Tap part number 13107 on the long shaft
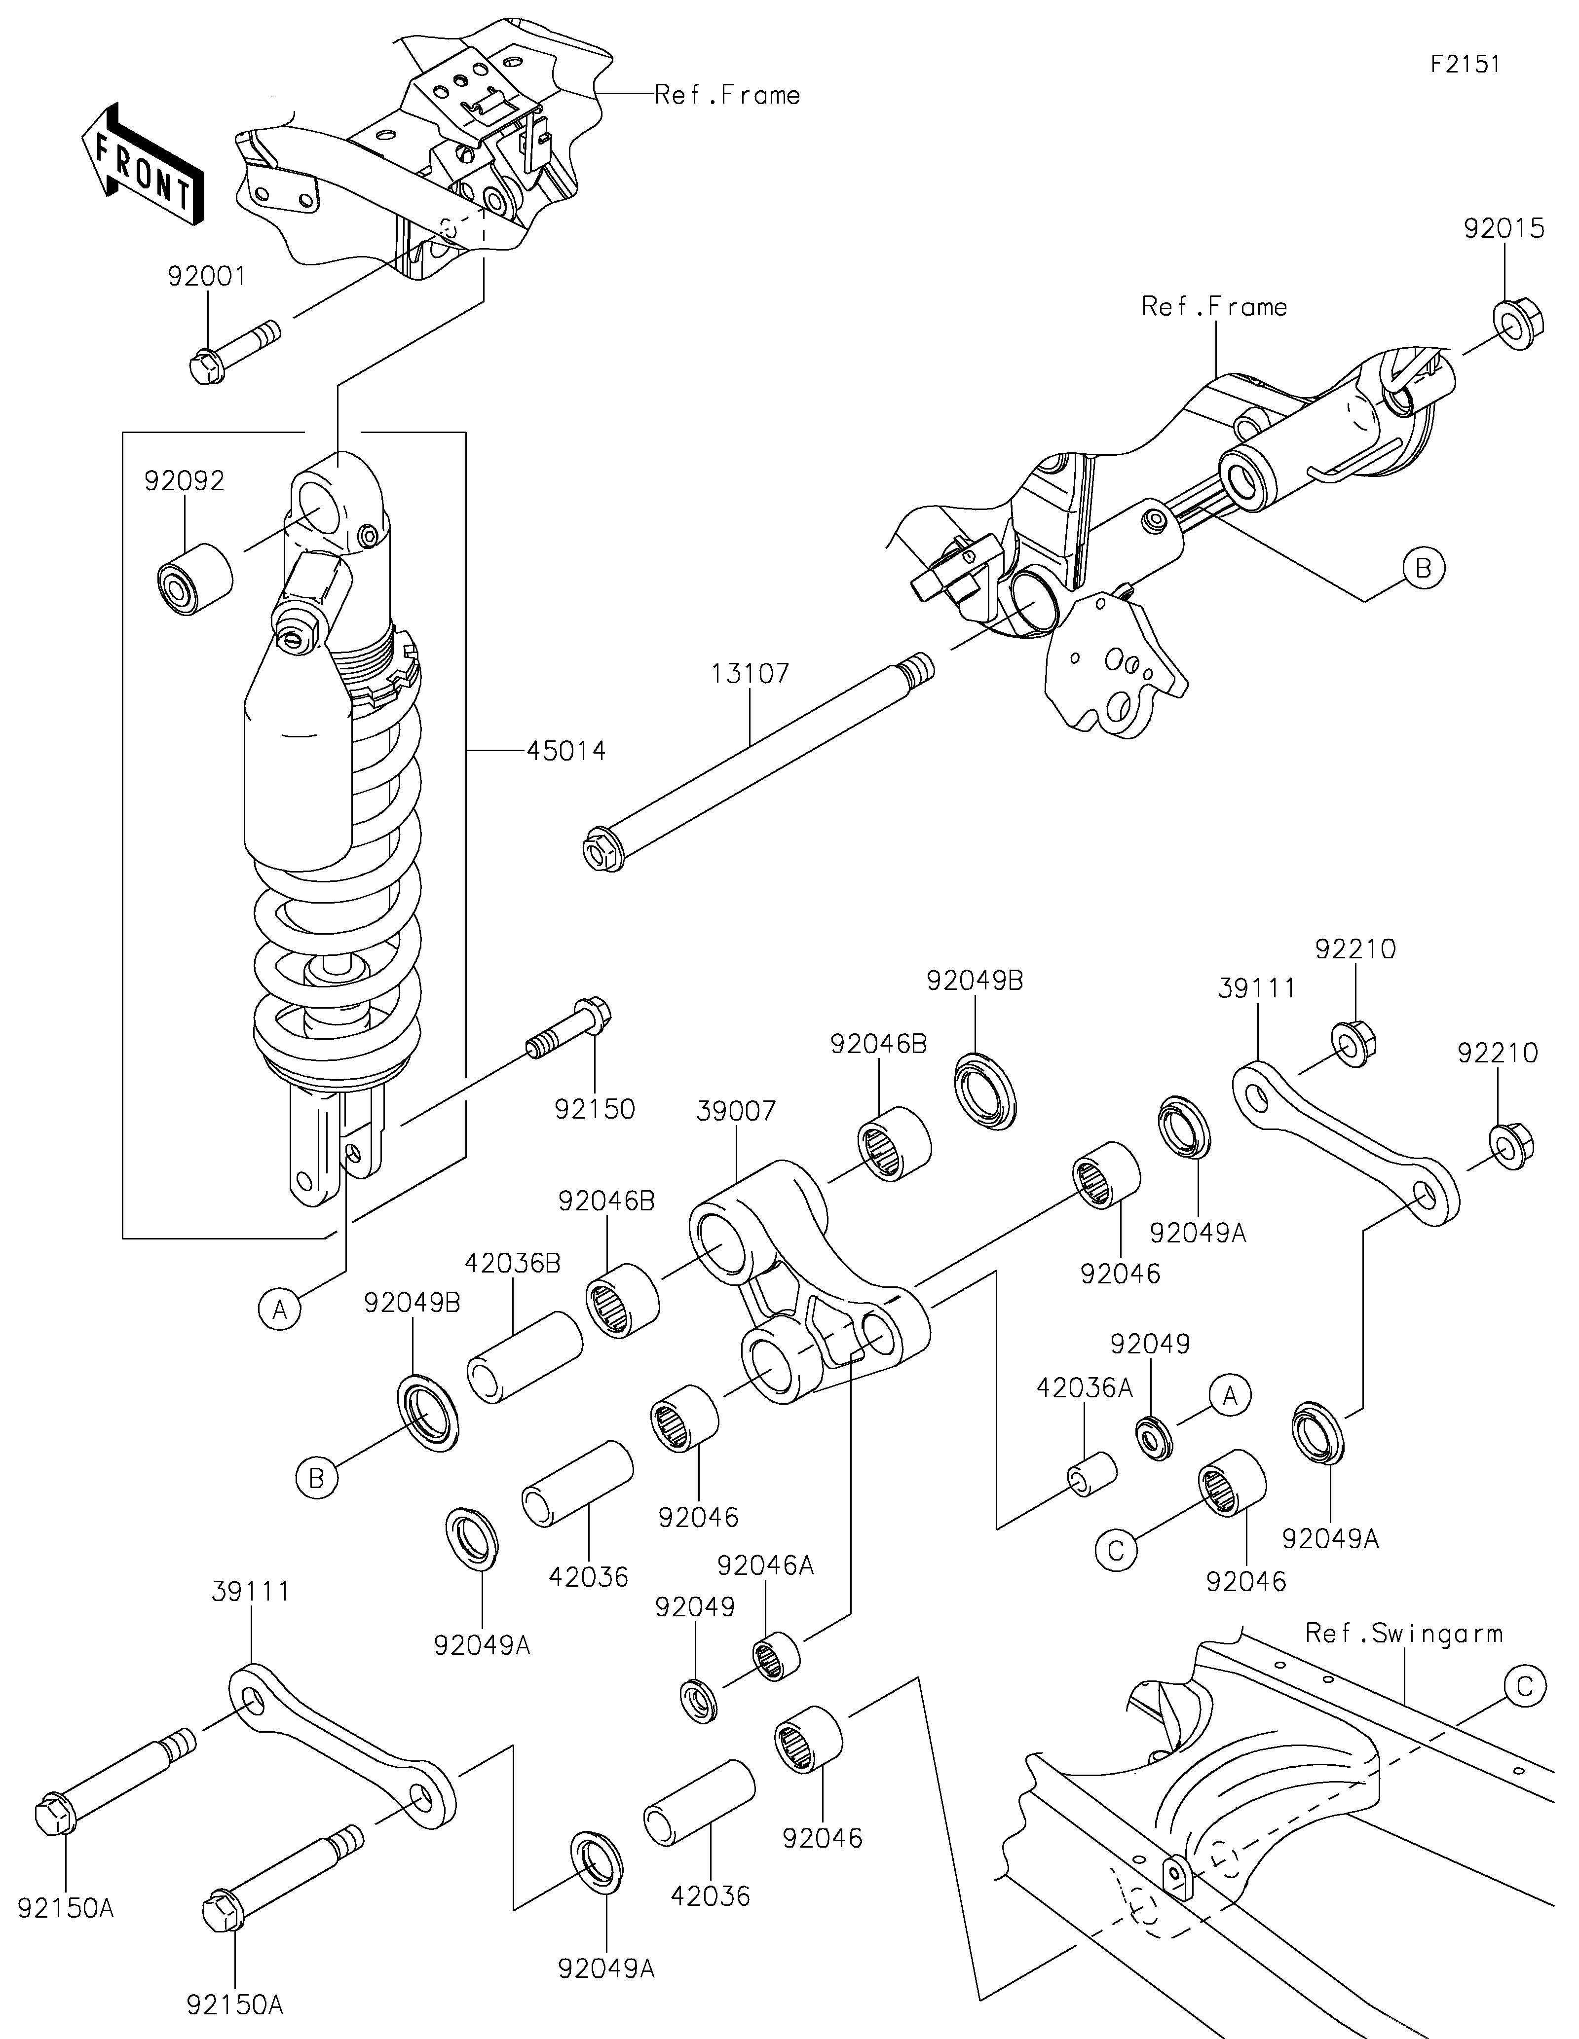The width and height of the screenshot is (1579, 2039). [x=750, y=673]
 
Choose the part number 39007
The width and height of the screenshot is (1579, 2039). [x=737, y=1111]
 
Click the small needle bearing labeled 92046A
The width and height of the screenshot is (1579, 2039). [x=777, y=1655]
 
